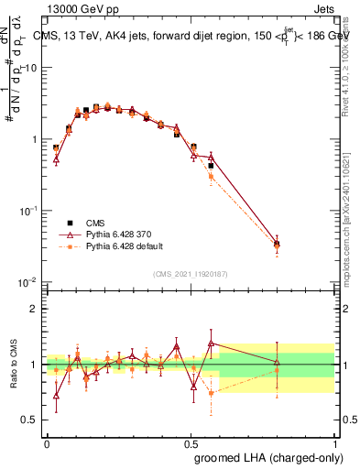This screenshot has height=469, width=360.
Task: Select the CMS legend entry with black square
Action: coord(86,223)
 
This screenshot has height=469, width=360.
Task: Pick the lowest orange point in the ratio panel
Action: coord(211,392)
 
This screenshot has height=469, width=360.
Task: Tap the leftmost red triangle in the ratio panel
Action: coord(56,396)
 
